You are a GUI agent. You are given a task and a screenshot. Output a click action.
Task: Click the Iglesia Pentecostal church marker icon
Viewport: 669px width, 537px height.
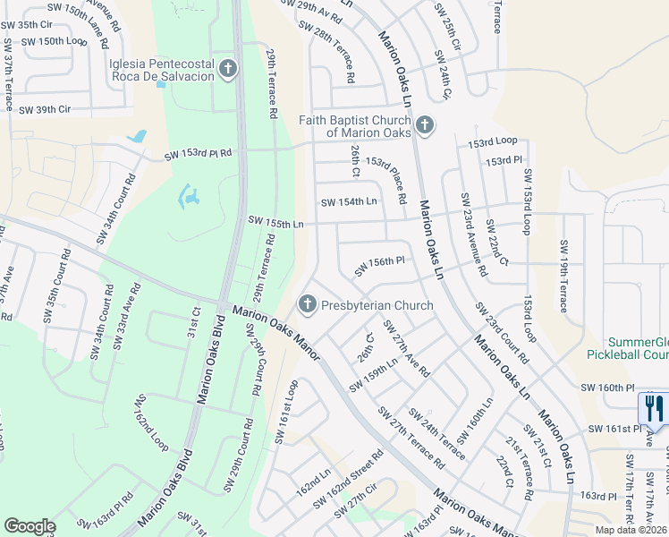228,69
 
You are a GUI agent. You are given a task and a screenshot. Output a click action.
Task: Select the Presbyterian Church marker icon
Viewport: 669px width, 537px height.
307,305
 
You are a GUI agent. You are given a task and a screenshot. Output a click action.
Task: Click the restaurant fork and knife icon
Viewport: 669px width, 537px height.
654,409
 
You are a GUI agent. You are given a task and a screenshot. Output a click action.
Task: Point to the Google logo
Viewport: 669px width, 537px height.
30,526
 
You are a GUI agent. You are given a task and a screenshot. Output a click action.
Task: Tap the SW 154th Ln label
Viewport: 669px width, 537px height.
349,201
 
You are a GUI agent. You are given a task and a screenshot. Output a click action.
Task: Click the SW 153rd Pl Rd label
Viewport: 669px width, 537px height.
198,154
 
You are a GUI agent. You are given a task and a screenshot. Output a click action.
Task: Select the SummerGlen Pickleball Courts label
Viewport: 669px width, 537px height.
638,348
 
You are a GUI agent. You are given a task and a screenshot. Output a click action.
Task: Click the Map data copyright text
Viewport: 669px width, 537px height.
630,530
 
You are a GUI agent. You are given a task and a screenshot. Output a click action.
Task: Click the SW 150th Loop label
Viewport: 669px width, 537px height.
54,41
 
